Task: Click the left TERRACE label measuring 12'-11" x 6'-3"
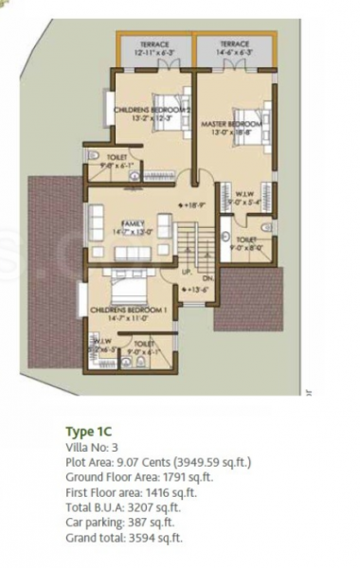[154, 48]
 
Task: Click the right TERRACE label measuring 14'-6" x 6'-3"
[233, 48]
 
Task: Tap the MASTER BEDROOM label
[231, 128]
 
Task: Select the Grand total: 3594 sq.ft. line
[123, 538]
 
